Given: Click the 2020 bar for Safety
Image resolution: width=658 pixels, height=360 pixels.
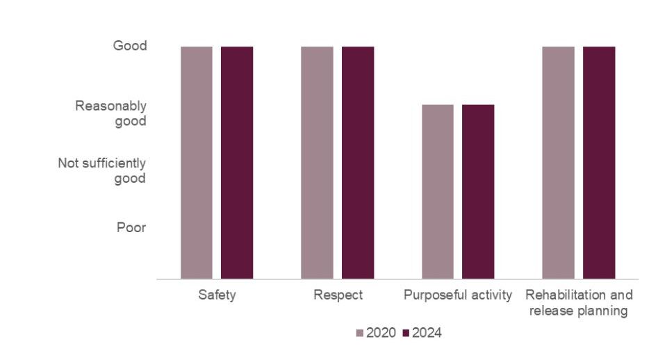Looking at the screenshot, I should point(197,163).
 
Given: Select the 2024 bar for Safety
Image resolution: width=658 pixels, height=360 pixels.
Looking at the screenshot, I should point(237,163).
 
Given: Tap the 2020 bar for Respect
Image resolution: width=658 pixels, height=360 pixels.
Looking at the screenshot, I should point(317,163).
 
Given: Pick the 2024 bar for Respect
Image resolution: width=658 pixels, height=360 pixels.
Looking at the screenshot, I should point(357,163).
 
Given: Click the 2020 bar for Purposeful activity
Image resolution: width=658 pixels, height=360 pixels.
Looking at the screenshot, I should point(438,192).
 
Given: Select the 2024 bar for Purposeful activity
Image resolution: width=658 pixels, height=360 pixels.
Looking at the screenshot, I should point(478,192).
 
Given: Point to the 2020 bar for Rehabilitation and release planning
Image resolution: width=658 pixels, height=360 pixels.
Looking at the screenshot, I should point(558,163).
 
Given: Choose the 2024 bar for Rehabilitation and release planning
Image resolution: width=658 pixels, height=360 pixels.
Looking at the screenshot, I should point(598,163).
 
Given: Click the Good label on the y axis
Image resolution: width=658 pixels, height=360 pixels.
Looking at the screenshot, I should point(130,46).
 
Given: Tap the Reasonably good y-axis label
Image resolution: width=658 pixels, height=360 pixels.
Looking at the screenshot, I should point(111,113).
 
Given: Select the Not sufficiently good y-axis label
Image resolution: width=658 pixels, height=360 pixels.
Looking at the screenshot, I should point(102,170).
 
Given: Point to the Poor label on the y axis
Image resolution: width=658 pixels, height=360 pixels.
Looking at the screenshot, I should point(131,227).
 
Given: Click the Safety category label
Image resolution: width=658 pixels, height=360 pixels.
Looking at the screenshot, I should point(217,295).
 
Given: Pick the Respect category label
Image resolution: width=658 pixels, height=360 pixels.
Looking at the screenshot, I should point(338,295).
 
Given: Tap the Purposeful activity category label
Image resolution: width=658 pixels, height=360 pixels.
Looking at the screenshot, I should point(458,295).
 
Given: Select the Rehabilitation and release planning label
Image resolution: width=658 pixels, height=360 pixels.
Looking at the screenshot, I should point(578,302).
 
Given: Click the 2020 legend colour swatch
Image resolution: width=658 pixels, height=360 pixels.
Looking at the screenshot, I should point(359,333).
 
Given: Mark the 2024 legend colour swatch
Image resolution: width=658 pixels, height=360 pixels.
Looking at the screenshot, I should point(406,333).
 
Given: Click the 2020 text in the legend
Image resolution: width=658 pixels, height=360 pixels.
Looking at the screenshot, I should point(381,333).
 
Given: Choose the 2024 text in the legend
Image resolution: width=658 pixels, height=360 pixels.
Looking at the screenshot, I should point(427,333).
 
